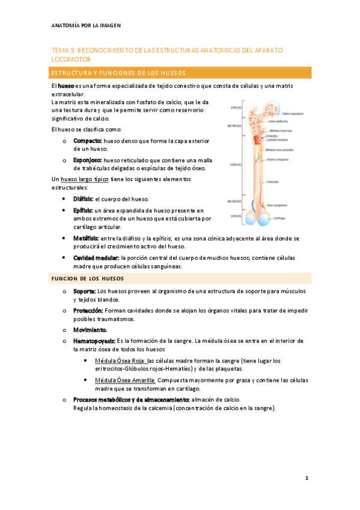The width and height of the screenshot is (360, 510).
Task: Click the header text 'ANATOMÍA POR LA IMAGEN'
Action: [x=86, y=26]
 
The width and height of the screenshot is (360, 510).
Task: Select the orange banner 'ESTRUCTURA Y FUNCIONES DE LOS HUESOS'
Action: [x=180, y=73]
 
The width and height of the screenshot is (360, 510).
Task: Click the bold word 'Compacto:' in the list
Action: [x=88, y=141]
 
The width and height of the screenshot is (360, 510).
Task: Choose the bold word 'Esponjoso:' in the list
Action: [x=88, y=161]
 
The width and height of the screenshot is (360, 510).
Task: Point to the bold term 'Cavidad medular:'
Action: [x=96, y=257]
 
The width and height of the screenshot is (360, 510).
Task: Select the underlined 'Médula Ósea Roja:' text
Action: [x=120, y=361]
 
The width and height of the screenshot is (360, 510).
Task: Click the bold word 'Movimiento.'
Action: [x=90, y=330]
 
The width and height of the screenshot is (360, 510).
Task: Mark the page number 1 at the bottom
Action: [x=307, y=478]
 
